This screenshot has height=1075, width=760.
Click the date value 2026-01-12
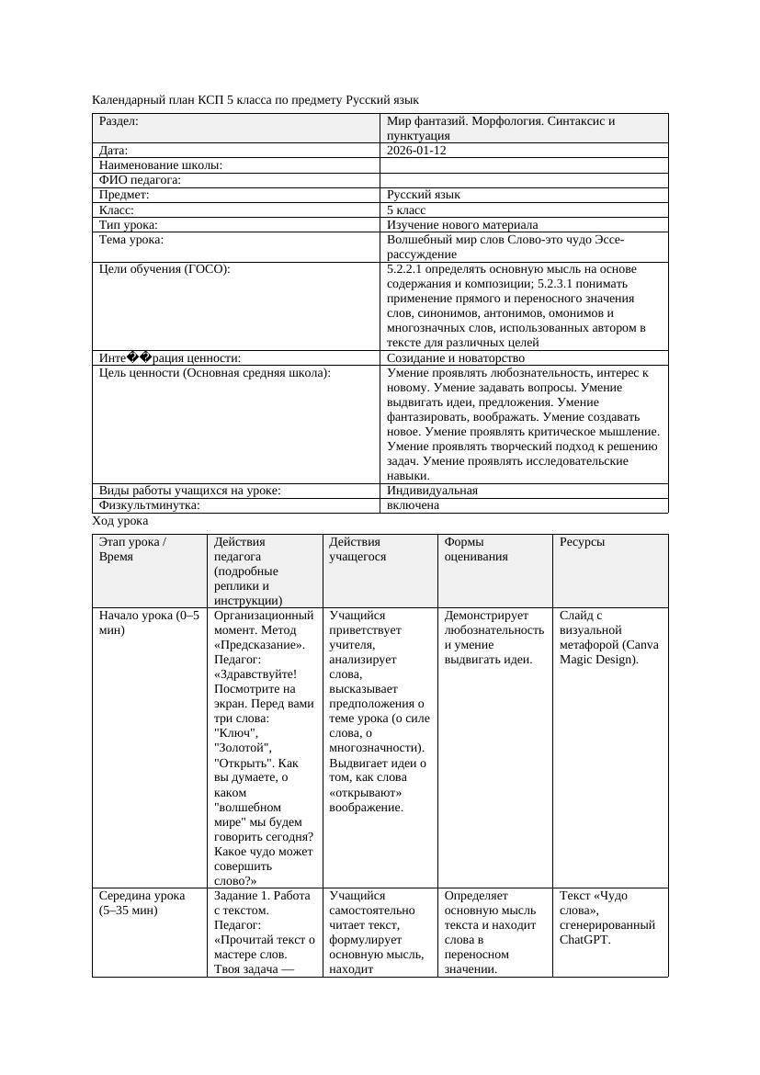click(416, 151)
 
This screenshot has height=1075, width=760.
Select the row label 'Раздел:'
click(119, 120)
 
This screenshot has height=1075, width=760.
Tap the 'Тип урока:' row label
click(129, 225)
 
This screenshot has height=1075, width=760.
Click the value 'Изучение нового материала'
click(462, 225)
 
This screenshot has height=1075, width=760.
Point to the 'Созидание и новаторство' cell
click(455, 358)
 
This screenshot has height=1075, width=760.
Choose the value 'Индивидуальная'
click(432, 491)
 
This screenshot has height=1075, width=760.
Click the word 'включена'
click(413, 505)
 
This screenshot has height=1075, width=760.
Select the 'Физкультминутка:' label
click(149, 505)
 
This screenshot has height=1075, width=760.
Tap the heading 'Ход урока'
click(119, 521)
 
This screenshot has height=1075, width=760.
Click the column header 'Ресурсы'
click(582, 542)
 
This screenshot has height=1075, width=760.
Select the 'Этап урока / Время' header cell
click(132, 549)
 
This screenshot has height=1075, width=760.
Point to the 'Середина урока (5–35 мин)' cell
click(142, 903)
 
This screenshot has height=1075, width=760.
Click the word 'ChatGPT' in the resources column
click(584, 940)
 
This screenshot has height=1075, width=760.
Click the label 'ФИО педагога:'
click(140, 181)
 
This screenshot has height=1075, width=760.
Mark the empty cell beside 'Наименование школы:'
click(524, 165)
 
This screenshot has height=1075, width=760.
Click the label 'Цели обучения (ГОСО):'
click(164, 269)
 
